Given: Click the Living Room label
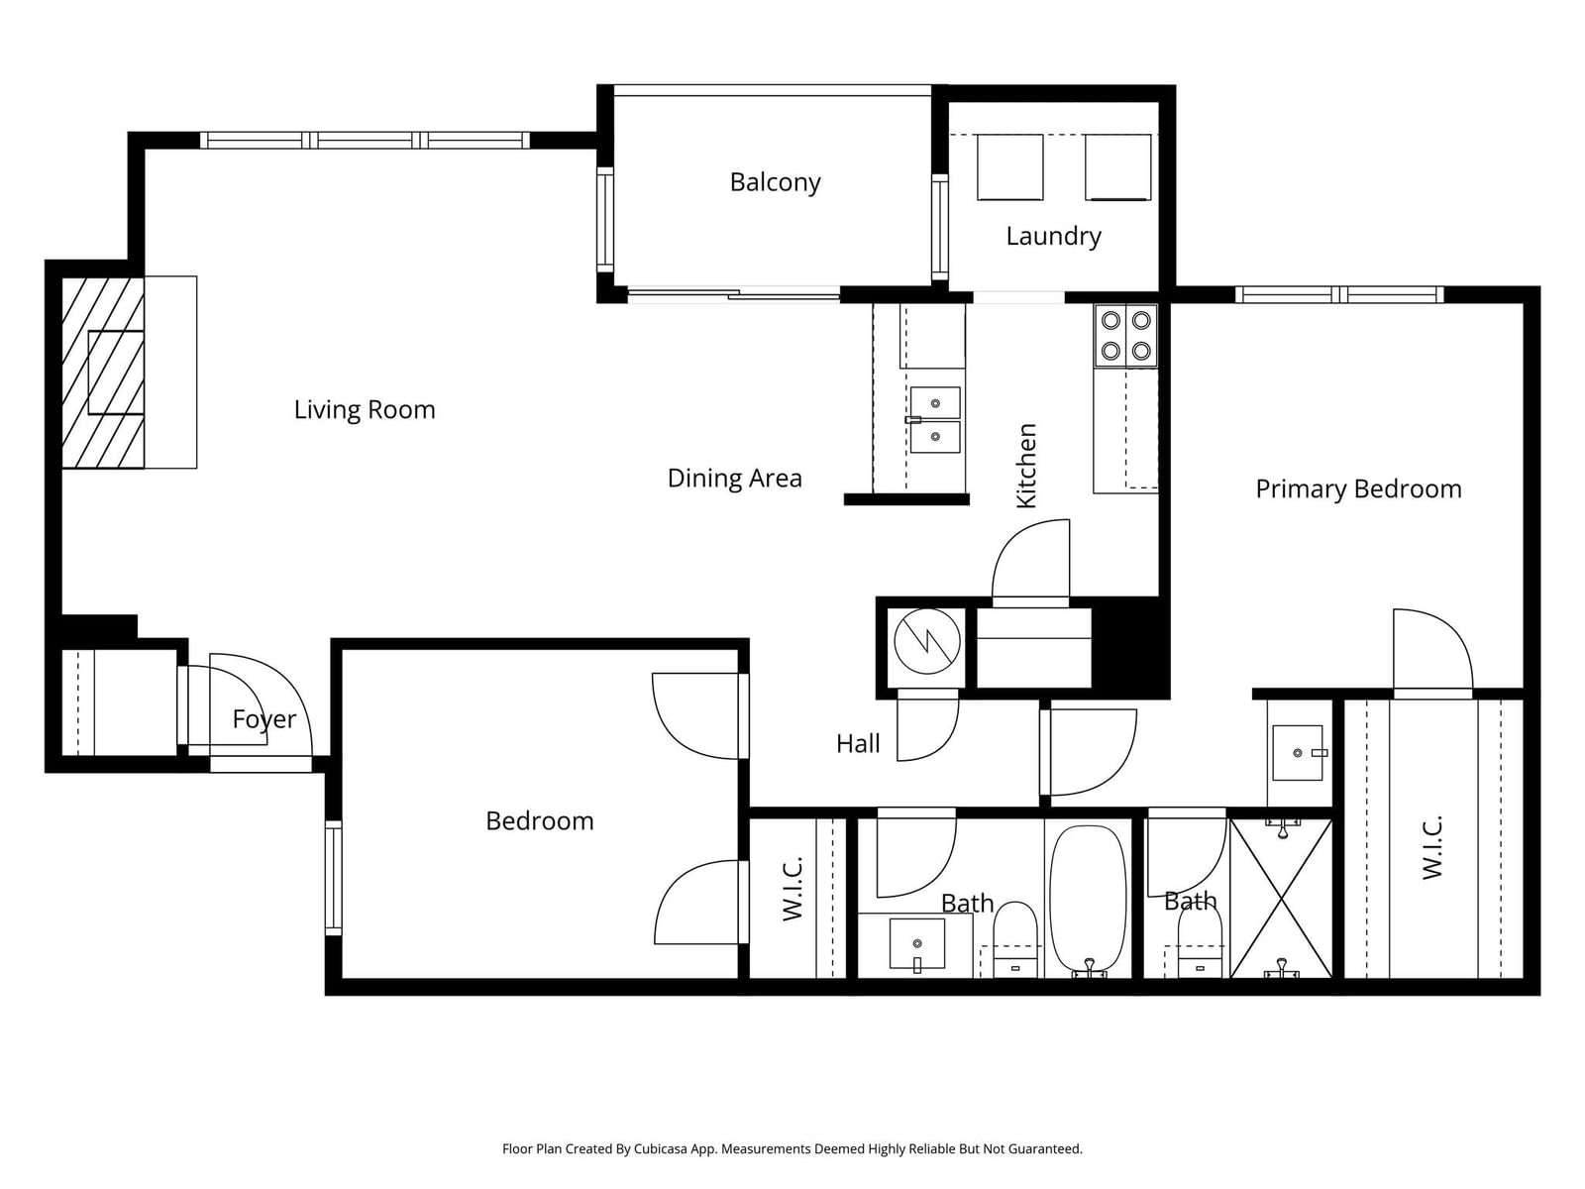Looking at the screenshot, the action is (365, 410).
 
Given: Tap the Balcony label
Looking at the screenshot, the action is (775, 182).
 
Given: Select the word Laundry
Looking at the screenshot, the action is (1054, 237).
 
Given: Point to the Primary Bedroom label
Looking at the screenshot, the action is (1358, 489).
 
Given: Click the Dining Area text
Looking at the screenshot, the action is (734, 478).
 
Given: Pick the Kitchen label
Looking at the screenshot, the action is (1026, 466).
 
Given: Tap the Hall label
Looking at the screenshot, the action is (858, 743).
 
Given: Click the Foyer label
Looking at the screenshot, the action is (264, 719).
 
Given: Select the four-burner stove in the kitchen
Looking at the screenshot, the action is (1125, 336).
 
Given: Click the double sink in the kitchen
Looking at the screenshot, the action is (935, 420).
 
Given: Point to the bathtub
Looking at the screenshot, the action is (1088, 902).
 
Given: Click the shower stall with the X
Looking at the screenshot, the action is (1280, 898).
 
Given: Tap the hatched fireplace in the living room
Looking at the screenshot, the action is (103, 373).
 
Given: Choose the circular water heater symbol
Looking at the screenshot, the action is (927, 641).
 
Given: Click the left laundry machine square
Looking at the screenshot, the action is (1009, 167).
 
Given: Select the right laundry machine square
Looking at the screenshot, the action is (1117, 167).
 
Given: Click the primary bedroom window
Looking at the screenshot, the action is (1339, 294).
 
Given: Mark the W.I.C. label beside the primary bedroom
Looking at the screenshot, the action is (1431, 847).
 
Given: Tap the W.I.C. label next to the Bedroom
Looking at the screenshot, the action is (792, 890).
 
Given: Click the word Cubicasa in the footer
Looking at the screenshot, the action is (660, 1148).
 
